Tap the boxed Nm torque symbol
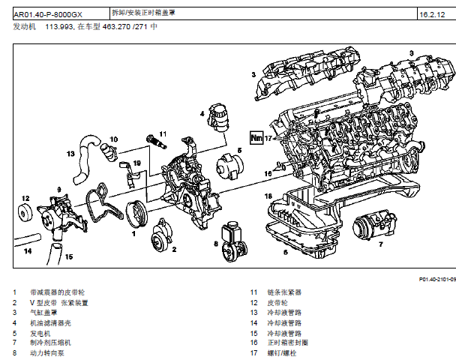coord(256,138)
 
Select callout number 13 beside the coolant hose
coord(70,154)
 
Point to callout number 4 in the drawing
coord(202,113)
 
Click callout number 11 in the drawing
coord(163,133)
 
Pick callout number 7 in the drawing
coord(380,244)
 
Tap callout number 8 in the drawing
coord(214,243)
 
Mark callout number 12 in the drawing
coord(25,199)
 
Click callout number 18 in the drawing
coord(268,196)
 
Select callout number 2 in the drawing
coord(173,249)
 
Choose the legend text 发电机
coord(40,332)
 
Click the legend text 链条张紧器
coord(285,292)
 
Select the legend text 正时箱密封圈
coord(288,341)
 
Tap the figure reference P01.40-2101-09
coord(436,278)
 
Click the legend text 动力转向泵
coord(46,351)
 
